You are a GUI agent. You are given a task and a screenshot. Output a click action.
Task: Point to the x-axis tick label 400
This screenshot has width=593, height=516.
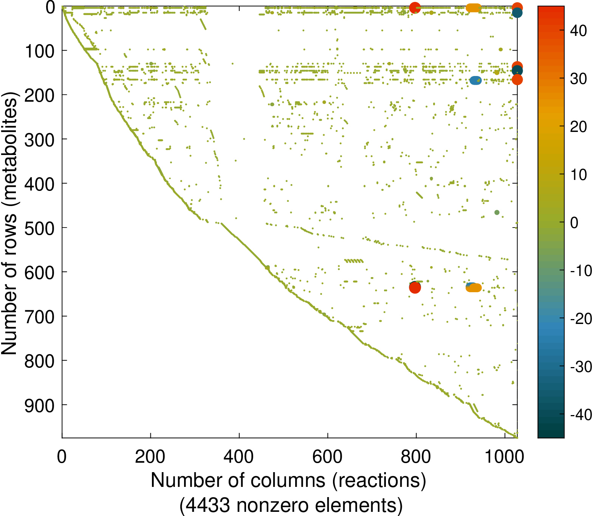pyautogui.click(x=238, y=457)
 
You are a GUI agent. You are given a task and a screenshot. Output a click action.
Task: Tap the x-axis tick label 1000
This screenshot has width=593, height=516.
pyautogui.click(x=504, y=457)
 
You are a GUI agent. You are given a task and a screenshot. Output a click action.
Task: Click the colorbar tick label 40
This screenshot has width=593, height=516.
pyautogui.click(x=578, y=31)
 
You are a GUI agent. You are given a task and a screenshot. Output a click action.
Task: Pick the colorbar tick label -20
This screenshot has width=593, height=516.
pyautogui.click(x=581, y=319)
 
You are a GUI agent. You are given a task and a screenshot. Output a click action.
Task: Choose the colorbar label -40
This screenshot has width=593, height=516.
pyautogui.click(x=581, y=415)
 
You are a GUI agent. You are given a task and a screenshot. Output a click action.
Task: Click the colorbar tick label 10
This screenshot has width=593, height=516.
pyautogui.click(x=578, y=175)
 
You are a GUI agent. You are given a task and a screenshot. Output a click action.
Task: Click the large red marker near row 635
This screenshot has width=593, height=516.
pyautogui.click(x=415, y=288)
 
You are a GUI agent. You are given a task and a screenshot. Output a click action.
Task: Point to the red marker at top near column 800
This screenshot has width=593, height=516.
pyautogui.click(x=415, y=7)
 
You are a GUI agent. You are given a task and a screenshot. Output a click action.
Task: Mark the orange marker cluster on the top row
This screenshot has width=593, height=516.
pyautogui.click(x=473, y=8)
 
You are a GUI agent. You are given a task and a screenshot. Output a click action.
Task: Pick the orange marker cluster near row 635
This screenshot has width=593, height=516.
pyautogui.click(x=474, y=288)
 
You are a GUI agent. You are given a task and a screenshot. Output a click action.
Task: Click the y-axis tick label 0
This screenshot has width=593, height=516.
pyautogui.click(x=50, y=8)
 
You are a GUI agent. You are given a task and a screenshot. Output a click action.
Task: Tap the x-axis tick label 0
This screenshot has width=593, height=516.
pyautogui.click(x=62, y=457)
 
